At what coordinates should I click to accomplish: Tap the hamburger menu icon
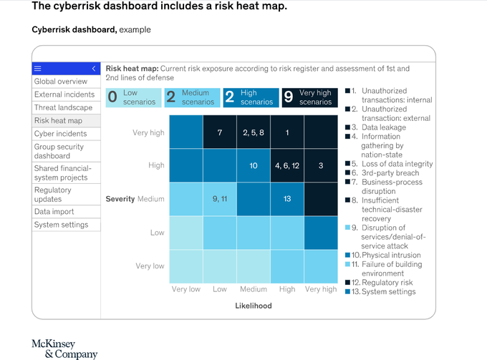point(37,69)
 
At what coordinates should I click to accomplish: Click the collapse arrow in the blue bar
point(94,69)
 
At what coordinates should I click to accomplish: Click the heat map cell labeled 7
point(220,132)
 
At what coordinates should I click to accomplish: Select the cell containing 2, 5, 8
point(254,132)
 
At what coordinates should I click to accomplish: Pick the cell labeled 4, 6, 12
point(287,165)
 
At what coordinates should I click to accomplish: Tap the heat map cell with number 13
point(287,199)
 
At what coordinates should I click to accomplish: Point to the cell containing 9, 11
point(220,199)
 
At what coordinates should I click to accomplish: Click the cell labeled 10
point(254,165)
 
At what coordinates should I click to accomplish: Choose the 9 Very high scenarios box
point(309,97)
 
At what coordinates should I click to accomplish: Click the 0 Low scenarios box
point(133,97)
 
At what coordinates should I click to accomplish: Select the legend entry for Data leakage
point(376,127)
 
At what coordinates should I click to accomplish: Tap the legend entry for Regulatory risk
point(380,283)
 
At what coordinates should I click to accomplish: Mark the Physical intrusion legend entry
point(383,255)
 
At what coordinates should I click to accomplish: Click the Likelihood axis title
point(254,306)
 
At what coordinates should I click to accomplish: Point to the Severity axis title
point(120,199)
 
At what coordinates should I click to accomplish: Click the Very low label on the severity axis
point(150,266)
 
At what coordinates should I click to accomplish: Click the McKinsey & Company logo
point(64,349)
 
